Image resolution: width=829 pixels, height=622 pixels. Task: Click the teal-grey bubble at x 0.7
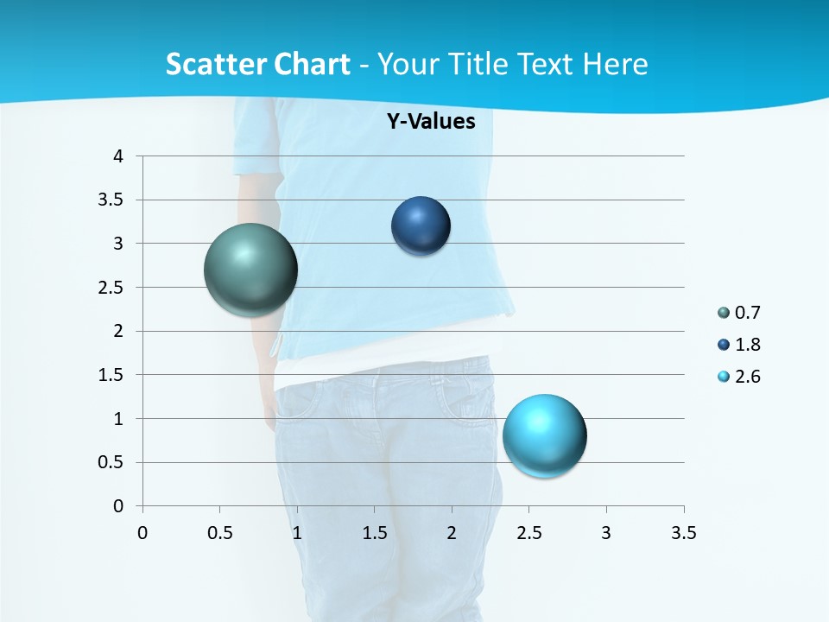(x=251, y=270)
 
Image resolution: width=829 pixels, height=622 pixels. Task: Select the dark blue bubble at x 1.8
(x=421, y=225)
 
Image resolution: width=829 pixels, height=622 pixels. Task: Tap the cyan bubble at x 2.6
(x=544, y=435)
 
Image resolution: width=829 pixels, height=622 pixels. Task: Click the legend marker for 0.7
(x=724, y=312)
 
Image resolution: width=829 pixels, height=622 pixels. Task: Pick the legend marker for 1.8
(x=724, y=345)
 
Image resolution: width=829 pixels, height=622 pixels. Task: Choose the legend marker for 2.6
(x=724, y=377)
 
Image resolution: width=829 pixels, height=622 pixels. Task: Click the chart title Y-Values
(x=430, y=121)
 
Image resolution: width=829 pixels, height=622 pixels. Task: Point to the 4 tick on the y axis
(x=118, y=156)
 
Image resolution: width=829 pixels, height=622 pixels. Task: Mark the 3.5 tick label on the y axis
(x=112, y=200)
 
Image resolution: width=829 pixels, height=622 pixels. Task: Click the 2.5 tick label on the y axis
(x=112, y=288)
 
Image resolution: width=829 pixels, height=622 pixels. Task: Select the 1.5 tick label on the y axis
(x=112, y=375)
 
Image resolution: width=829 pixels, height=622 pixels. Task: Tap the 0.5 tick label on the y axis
(x=112, y=462)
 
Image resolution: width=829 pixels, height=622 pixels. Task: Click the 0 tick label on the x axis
(x=142, y=532)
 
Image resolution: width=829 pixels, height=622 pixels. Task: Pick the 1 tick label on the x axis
(x=297, y=532)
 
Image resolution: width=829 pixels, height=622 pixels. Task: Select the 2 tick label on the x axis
(x=452, y=532)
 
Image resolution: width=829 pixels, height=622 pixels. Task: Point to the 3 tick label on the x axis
(x=606, y=532)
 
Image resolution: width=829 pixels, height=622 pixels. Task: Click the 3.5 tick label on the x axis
(x=683, y=532)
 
